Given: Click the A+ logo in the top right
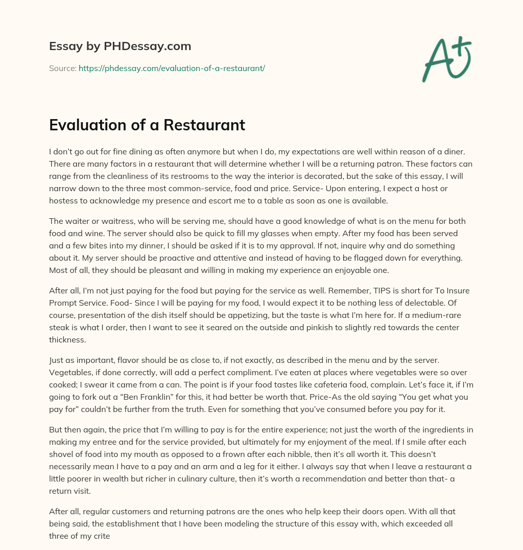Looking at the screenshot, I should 446,60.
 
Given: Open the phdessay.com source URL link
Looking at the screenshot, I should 172,68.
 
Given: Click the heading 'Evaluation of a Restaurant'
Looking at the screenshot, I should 147,125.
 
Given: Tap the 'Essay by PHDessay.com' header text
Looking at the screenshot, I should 120,47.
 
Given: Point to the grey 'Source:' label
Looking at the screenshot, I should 62,68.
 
